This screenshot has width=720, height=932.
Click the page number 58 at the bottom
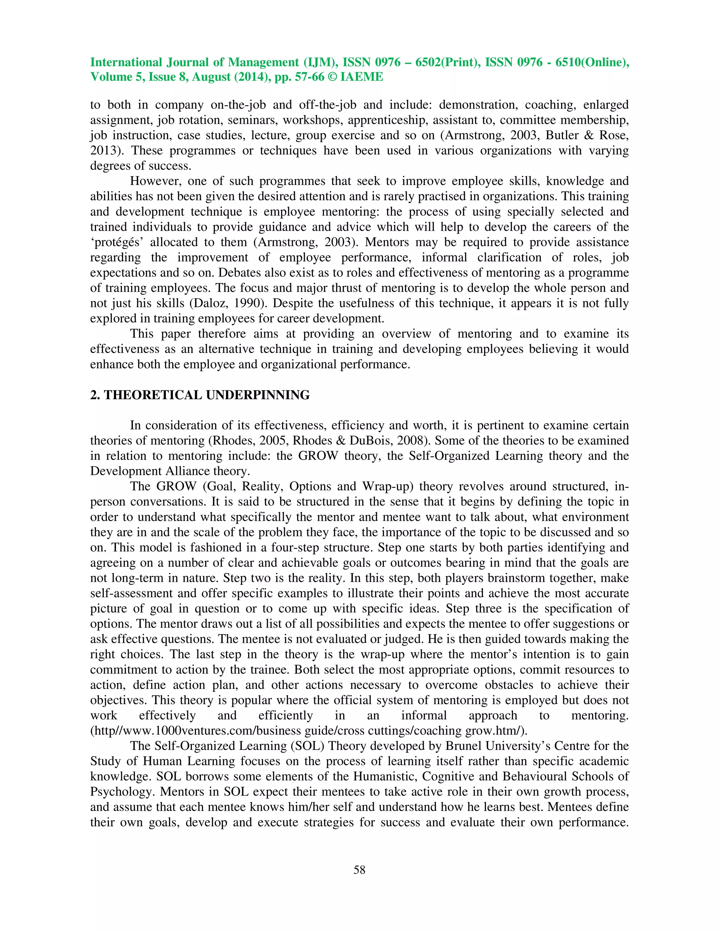coord(359,870)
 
